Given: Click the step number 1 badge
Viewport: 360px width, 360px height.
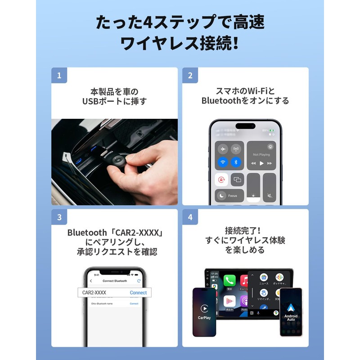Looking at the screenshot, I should click(59, 75).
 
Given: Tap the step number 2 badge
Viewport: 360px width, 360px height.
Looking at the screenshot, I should click(190, 75).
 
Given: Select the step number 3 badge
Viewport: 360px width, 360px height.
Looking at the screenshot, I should click(59, 217).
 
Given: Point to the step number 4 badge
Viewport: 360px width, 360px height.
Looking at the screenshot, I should click(190, 217).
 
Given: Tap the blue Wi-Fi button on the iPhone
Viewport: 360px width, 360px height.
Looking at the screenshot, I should click(222, 162).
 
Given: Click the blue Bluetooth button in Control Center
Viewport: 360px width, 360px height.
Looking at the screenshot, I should click(236, 162).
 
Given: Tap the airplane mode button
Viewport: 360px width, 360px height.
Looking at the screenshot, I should click(222, 149).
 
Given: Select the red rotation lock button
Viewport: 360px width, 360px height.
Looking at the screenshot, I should click(222, 180).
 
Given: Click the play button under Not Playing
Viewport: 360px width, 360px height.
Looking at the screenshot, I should click(261, 163).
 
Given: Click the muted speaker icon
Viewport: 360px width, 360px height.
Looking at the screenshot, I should click(269, 196).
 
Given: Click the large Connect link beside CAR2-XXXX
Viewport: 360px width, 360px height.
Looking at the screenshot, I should click(138, 292).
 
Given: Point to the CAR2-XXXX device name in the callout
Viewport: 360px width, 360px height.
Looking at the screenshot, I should click(94, 292).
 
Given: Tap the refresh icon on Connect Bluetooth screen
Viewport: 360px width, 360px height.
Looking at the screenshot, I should click(139, 281).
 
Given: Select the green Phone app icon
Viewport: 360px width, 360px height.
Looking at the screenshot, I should click(229, 280).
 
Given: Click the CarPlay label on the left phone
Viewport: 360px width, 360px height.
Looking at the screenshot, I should click(204, 318).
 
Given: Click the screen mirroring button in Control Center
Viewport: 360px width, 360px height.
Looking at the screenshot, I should click(237, 180).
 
